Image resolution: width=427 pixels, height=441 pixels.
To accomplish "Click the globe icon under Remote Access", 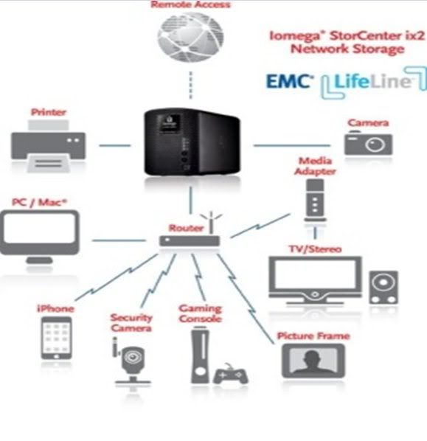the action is pyautogui.click(x=191, y=37).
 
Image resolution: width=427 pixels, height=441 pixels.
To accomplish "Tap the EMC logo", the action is pyautogui.click(x=290, y=82).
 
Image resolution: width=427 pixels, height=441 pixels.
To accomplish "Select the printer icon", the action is pyautogui.click(x=49, y=146).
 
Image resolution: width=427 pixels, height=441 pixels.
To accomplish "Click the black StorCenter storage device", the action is pyautogui.click(x=192, y=142).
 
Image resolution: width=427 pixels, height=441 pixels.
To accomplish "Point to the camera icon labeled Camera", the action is pyautogui.click(x=368, y=142).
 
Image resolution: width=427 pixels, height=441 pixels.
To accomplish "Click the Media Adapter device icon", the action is pyautogui.click(x=315, y=201).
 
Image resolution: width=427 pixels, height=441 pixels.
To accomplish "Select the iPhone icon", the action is pyautogui.click(x=56, y=338).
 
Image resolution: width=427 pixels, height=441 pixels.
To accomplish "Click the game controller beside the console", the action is pyautogui.click(x=231, y=374).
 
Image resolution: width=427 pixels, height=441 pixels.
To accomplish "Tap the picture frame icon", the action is pyautogui.click(x=313, y=361).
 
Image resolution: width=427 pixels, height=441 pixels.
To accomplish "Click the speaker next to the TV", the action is pyautogui.click(x=383, y=288).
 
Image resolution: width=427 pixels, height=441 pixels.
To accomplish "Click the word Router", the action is pyautogui.click(x=186, y=228).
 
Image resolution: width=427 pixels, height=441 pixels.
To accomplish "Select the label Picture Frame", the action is pyautogui.click(x=313, y=336).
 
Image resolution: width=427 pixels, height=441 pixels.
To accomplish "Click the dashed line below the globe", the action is pyautogui.click(x=191, y=85).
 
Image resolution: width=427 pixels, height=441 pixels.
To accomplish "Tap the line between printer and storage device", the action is pyautogui.click(x=115, y=145).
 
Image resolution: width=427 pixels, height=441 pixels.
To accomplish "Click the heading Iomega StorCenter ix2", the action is pyautogui.click(x=347, y=36).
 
